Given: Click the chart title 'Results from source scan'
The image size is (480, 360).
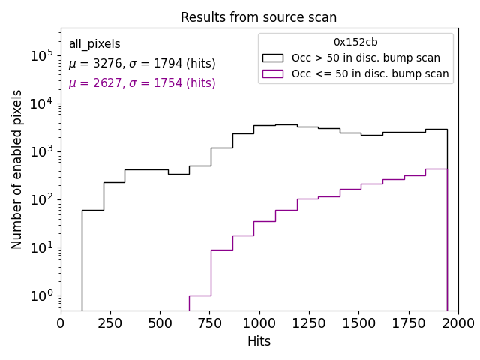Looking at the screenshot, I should tap(259, 17).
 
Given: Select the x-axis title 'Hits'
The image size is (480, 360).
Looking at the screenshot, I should tap(259, 341).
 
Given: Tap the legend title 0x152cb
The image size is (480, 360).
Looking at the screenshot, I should tap(355, 42).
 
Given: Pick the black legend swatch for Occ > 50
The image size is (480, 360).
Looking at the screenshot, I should tap(274, 58).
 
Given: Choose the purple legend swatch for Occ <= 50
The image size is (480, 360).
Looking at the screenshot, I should tap(274, 73).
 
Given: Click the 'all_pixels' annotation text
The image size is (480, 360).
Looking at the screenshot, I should tap(94, 44).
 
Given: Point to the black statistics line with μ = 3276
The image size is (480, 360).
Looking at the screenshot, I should tap(142, 64).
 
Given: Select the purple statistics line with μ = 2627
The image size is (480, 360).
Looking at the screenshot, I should tap(142, 83).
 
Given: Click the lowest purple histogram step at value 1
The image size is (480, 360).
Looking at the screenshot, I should tap(199, 295).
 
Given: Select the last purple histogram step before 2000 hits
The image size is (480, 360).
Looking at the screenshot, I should tap(436, 169).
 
